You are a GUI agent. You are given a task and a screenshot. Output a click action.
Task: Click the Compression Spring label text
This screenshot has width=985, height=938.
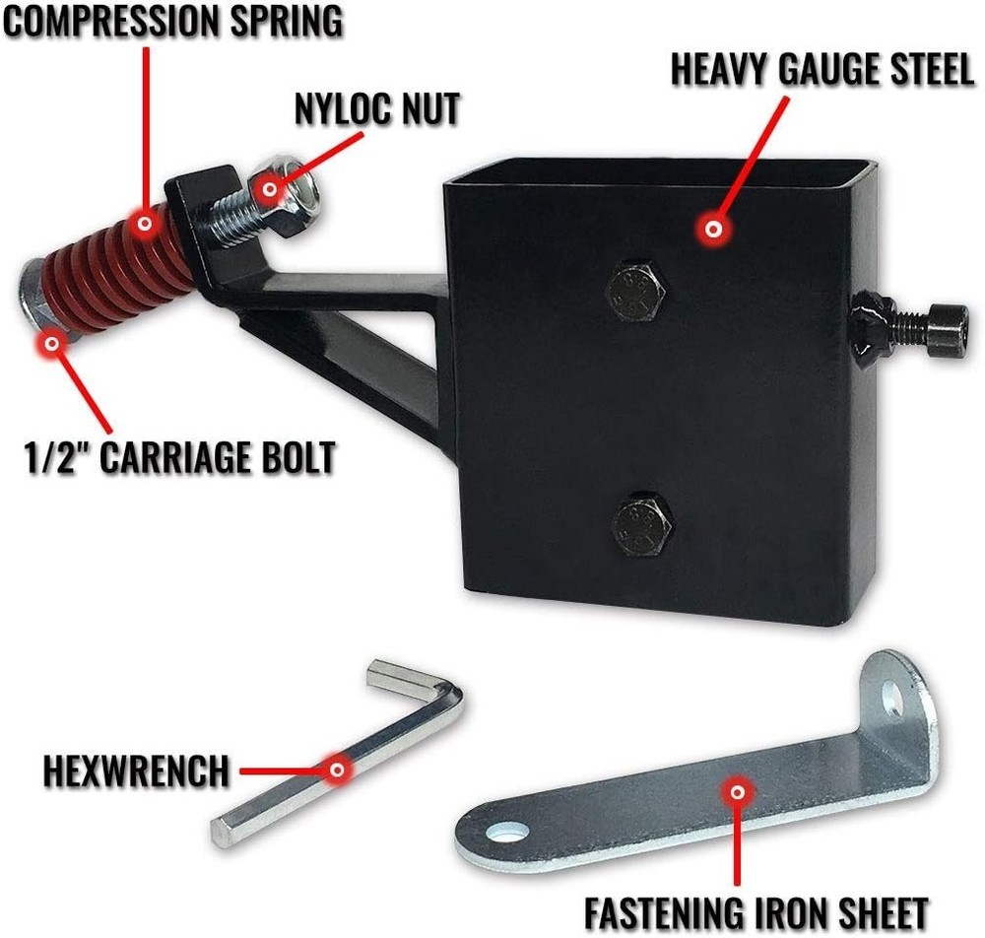(x=172, y=21)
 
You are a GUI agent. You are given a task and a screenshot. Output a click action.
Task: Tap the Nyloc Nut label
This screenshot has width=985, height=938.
(x=377, y=109)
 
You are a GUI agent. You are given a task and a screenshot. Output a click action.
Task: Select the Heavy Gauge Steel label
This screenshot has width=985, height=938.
(x=821, y=70)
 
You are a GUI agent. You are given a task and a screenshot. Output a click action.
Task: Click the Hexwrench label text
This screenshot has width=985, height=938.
(x=136, y=770)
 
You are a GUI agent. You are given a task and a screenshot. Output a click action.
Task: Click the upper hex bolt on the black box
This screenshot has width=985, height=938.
(x=635, y=292)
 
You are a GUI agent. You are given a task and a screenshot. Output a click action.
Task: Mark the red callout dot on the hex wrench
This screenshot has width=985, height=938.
(x=337, y=769)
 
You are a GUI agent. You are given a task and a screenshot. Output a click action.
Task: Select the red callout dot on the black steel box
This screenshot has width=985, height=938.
(x=712, y=229)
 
